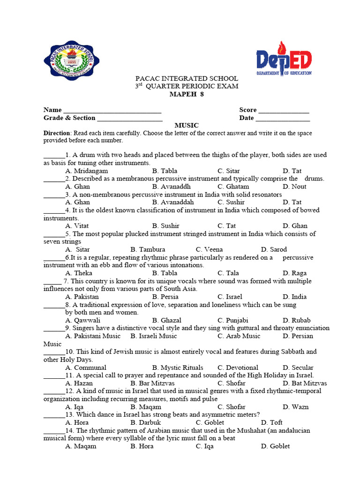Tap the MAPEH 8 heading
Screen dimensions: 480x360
click(x=187, y=94)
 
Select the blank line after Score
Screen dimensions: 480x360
click(x=284, y=111)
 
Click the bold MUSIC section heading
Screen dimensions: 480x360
click(x=187, y=126)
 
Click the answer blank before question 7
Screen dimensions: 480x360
click(x=52, y=282)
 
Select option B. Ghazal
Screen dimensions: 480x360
click(x=167, y=321)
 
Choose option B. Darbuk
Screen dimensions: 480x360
click(x=144, y=422)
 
